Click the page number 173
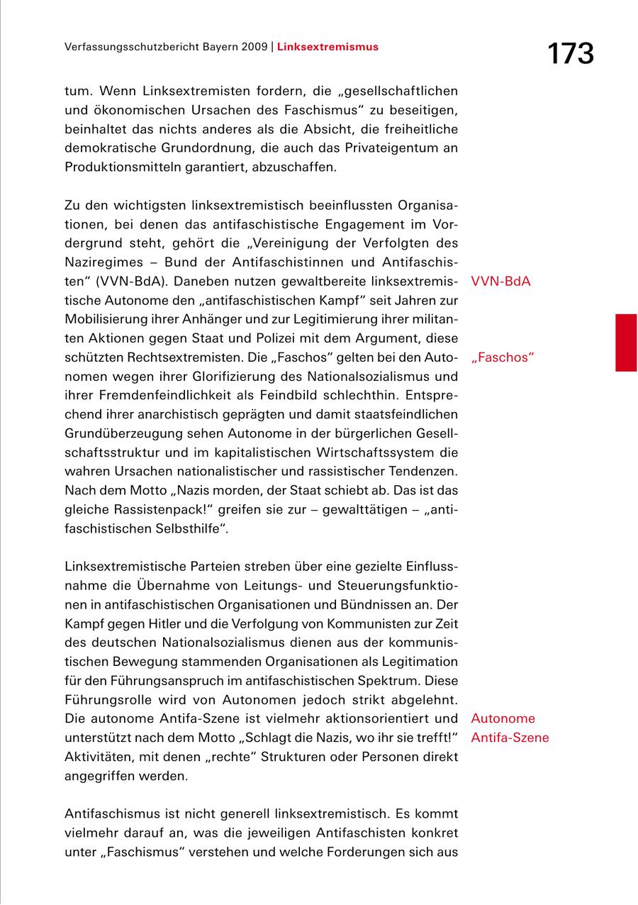[x=570, y=53]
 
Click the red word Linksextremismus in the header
[x=328, y=47]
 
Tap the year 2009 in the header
[x=253, y=47]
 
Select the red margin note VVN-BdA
[x=500, y=281]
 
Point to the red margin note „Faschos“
[x=503, y=357]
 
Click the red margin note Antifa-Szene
[x=510, y=738]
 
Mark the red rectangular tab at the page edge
[x=626, y=343]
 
